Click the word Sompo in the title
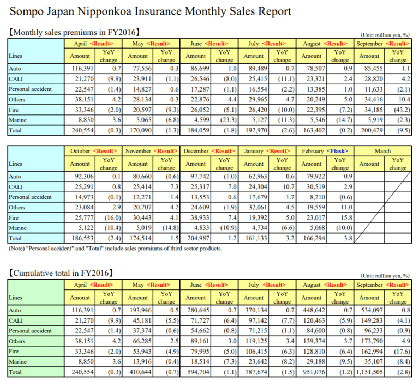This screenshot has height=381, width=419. coord(26,12)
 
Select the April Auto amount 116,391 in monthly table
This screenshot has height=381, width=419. coord(83,69)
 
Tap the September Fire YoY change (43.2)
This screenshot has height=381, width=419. coord(402,110)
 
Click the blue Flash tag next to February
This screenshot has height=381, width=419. coord(337,151)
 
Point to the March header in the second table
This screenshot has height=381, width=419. coord(382,151)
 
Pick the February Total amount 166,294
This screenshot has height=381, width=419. coord(314,238)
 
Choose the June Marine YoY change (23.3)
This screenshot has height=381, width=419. coord(229,120)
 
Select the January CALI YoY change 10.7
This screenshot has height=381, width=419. coord(289,187)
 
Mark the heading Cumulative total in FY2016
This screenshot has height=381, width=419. coord(61,273)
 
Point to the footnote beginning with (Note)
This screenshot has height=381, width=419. coord(116,249)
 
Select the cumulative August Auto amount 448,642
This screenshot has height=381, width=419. coord(314,311)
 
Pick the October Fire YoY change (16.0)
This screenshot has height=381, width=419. coord(113,218)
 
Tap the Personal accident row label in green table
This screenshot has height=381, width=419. coord(30,331)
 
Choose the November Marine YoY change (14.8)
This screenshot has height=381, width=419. coord(170,228)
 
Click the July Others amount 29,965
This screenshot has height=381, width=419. coord(258,100)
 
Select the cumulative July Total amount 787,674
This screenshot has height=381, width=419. coord(256,372)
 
